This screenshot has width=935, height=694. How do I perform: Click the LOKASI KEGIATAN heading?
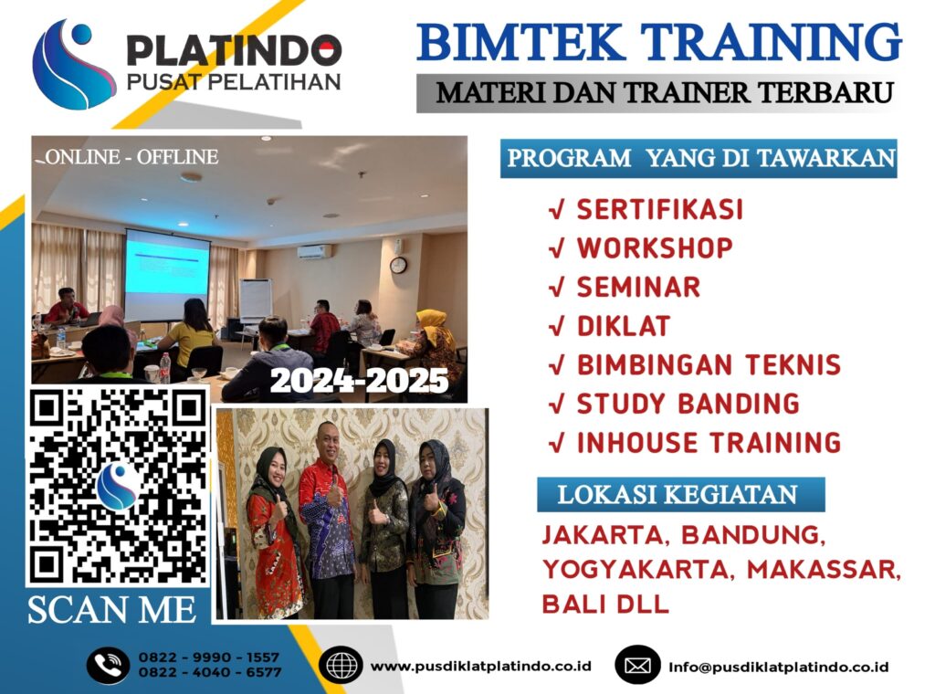[677, 495]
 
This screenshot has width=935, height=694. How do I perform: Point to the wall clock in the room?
[398, 265]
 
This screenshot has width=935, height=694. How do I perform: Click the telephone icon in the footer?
[108, 665]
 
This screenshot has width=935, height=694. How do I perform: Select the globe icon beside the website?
[343, 665]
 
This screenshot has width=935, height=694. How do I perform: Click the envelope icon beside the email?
[637, 665]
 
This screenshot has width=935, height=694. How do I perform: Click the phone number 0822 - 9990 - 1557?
[209, 657]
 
